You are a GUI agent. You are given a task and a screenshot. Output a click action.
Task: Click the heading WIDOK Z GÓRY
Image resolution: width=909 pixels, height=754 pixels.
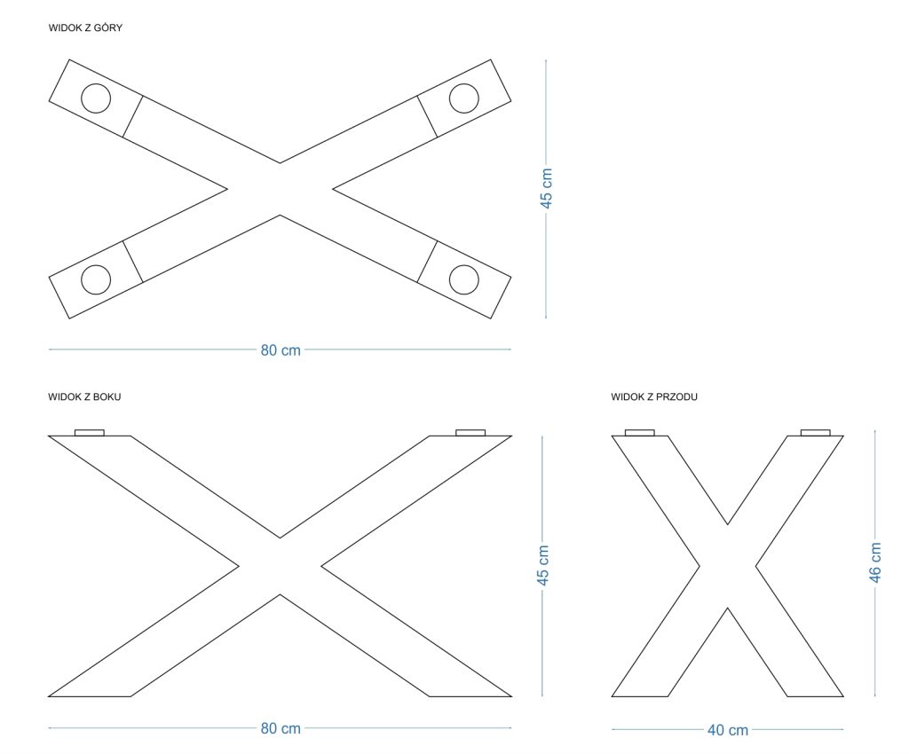click(85, 28)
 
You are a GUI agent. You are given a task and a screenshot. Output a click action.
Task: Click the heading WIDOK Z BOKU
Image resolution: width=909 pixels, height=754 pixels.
click(84, 397)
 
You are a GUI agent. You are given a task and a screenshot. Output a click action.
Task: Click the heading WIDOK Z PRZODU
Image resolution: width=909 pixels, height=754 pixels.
click(653, 397)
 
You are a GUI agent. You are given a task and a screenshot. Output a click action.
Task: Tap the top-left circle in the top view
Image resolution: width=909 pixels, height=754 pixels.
click(96, 98)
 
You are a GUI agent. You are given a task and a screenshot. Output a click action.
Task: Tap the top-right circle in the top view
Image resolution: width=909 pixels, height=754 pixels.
click(463, 98)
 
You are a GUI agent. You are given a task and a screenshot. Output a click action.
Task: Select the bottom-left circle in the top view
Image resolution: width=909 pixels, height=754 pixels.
click(96, 279)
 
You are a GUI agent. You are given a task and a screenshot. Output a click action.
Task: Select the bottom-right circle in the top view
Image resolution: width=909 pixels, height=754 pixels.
click(463, 279)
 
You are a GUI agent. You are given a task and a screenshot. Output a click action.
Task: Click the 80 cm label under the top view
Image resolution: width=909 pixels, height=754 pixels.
click(281, 350)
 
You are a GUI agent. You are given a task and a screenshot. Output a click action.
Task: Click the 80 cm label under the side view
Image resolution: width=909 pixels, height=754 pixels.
click(281, 729)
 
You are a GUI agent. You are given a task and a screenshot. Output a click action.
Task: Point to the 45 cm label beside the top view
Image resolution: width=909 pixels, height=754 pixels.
click(547, 189)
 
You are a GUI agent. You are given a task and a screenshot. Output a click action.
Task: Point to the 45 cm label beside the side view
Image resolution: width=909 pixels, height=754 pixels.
click(544, 566)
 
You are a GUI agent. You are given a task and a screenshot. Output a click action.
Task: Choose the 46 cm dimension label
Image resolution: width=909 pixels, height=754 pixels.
click(875, 562)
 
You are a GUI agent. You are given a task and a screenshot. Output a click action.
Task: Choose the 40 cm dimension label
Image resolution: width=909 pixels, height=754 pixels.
click(727, 731)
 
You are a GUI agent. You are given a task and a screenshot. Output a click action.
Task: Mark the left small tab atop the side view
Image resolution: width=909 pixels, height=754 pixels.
click(90, 433)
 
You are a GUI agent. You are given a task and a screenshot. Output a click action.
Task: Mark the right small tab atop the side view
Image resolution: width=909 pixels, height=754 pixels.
click(470, 433)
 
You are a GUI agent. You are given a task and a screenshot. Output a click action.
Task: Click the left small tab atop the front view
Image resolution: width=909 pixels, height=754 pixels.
click(640, 433)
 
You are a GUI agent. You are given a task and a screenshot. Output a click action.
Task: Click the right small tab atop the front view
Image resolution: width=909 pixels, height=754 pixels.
click(815, 433)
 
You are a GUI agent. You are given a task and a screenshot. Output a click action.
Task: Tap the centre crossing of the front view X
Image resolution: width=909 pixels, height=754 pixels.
click(728, 566)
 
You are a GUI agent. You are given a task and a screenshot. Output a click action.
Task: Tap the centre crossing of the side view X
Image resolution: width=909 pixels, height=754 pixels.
click(281, 566)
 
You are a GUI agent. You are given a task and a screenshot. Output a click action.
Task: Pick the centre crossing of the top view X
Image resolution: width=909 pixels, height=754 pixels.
click(281, 189)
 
